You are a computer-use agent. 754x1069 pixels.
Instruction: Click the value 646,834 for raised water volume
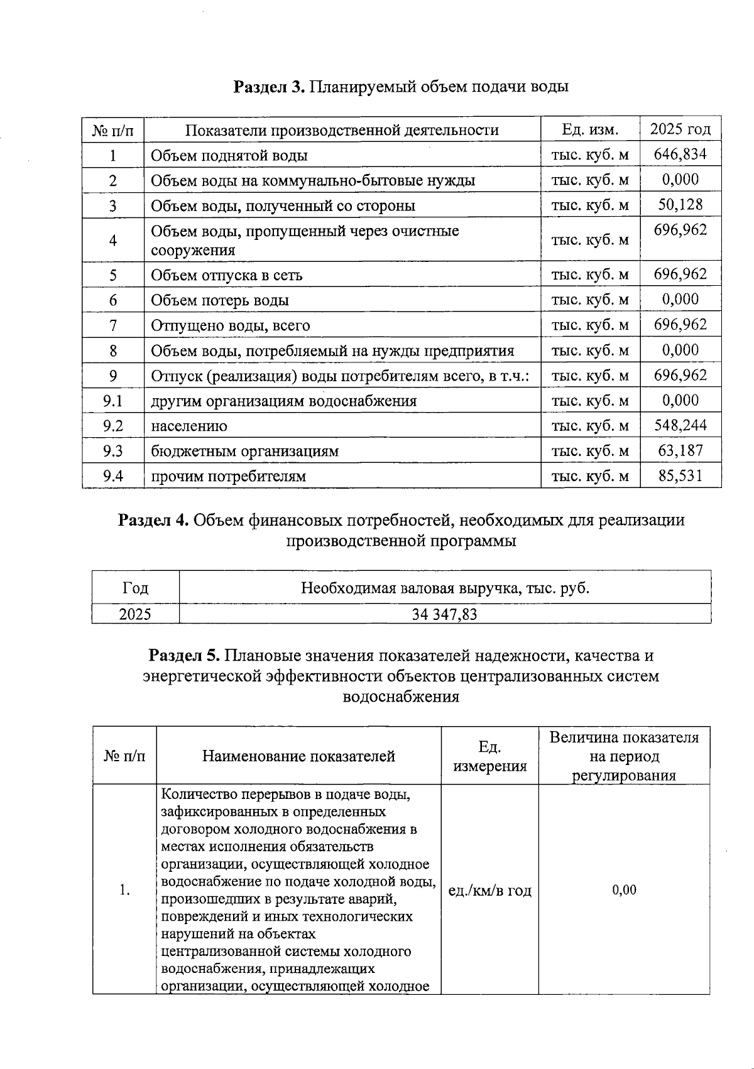coord(680,154)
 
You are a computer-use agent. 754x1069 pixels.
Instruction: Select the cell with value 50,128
coord(680,204)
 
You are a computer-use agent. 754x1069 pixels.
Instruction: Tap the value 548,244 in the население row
coord(680,425)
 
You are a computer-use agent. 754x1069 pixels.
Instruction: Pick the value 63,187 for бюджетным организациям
coord(680,450)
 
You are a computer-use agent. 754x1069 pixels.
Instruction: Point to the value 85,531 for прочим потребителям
coord(680,475)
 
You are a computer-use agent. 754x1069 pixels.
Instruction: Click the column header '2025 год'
coord(680,129)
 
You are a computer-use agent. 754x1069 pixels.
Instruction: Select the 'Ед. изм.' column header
coord(590,129)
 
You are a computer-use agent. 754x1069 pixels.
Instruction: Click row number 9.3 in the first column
coord(113,451)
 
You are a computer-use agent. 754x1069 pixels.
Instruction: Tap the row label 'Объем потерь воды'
coord(219,300)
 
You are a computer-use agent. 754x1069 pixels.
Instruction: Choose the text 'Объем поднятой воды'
coord(229,155)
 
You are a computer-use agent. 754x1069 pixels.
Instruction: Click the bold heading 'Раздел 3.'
coord(269,86)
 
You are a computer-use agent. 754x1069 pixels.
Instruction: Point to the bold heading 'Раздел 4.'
coord(153,520)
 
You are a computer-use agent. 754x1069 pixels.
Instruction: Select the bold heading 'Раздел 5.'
coord(183,656)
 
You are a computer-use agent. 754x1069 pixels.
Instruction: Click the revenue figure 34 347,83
coord(444,614)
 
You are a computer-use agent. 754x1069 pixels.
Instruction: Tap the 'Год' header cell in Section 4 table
coord(135,588)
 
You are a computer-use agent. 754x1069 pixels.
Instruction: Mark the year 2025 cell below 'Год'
coord(135,614)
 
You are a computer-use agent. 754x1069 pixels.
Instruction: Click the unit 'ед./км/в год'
coord(489,890)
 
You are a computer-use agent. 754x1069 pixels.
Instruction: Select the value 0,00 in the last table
coord(624,889)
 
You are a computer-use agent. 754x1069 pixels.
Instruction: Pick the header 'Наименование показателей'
coord(298,756)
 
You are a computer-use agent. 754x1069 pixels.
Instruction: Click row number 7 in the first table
coord(113,325)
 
